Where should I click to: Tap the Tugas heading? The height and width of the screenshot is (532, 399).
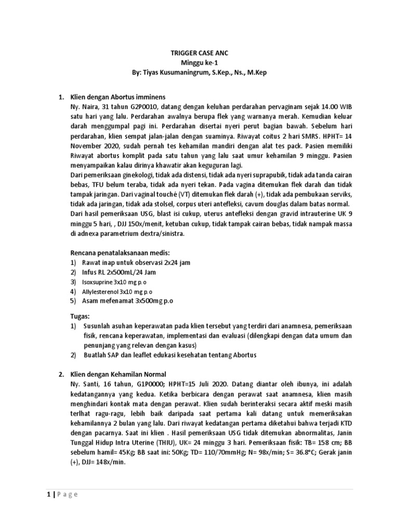[81, 316]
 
